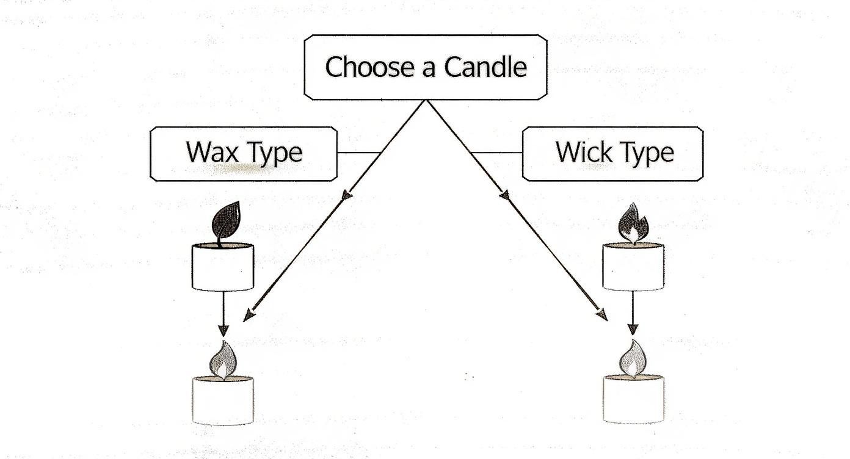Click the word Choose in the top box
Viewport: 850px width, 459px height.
[x=361, y=67]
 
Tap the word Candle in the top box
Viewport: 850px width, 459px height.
[x=485, y=67]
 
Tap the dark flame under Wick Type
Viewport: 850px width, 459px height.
[x=634, y=223]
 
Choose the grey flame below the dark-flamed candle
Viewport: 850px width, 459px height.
[x=633, y=359]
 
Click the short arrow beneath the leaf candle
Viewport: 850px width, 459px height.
[x=223, y=314]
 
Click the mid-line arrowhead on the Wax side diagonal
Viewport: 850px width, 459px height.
[x=347, y=195]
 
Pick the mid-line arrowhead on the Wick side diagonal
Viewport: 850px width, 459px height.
[x=504, y=195]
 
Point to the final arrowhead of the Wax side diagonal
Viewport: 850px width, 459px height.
[x=247, y=316]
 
